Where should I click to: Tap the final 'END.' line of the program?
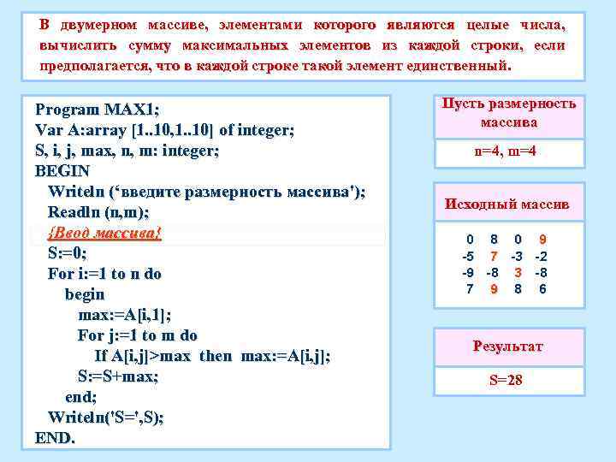56,437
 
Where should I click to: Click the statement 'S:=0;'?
68,253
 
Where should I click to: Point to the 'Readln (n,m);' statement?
98,212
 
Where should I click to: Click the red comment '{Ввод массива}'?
104,233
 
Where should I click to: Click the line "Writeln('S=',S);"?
106,417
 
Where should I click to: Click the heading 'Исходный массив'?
507,205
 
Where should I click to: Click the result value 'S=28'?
506,380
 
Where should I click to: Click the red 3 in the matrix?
518,273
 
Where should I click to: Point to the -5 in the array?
468,257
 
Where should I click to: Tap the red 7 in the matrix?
494,257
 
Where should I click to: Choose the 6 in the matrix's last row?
542,289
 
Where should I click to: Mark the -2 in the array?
542,257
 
